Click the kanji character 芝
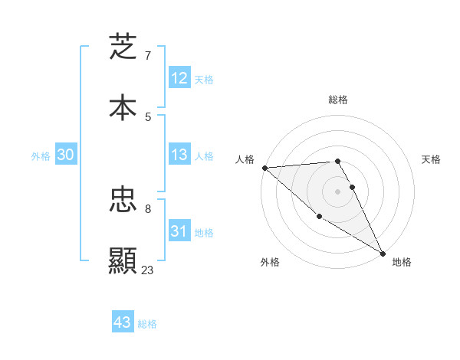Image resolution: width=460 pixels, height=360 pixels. click(x=123, y=47)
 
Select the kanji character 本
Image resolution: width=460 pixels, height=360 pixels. click(x=123, y=107)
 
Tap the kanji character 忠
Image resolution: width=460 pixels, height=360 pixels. click(x=123, y=201)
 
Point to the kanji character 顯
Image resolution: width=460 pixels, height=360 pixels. click(x=123, y=261)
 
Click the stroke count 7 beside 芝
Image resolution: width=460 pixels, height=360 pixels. click(x=148, y=56)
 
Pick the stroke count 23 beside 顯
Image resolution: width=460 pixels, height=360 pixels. click(x=148, y=270)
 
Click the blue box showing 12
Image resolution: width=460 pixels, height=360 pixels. click(x=179, y=78)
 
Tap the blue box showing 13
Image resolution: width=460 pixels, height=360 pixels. click(x=179, y=155)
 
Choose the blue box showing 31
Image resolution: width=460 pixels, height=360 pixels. click(x=179, y=231)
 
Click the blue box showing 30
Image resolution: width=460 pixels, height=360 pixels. click(x=65, y=155)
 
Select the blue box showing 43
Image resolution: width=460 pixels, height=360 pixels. click(x=123, y=322)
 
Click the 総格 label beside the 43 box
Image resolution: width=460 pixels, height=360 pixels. click(x=147, y=324)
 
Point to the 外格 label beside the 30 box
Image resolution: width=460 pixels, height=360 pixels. click(x=41, y=156)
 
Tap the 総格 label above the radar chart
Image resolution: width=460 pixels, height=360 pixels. click(x=338, y=100)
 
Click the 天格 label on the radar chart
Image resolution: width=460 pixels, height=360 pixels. click(x=432, y=159)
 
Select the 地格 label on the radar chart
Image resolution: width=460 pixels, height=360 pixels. click(x=402, y=262)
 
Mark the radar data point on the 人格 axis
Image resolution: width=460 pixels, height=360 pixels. click(x=264, y=168)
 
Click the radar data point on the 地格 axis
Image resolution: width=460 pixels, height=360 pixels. click(x=383, y=253)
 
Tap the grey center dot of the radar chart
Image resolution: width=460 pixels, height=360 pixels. click(x=338, y=191)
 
